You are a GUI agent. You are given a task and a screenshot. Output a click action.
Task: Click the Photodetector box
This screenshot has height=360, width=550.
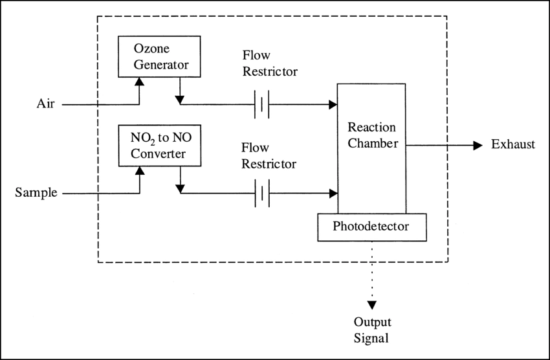(371, 227)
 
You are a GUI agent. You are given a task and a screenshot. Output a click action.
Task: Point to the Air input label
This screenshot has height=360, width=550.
(45, 104)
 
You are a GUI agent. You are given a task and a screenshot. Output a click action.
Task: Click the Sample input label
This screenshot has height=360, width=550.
(36, 192)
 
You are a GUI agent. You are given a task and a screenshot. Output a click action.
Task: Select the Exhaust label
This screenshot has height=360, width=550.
(512, 144)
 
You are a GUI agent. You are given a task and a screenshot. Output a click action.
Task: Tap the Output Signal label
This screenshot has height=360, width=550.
(372, 329)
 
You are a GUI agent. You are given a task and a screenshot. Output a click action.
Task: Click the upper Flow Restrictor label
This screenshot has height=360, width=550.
(270, 63)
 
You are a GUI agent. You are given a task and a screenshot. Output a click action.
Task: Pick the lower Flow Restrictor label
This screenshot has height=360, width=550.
(269, 156)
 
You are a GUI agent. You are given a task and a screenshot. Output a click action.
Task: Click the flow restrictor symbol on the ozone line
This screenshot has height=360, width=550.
(261, 104)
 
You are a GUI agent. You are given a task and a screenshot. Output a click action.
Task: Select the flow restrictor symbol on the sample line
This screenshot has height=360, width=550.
(261, 193)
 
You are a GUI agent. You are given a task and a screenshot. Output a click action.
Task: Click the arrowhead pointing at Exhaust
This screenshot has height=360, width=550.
(478, 145)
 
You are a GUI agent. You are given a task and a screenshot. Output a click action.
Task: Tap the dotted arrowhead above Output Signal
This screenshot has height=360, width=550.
(372, 305)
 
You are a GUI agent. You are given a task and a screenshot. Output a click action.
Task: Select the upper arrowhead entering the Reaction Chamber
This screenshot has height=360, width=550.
(333, 104)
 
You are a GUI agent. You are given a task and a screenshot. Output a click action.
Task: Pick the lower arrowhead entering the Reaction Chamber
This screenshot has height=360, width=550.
(333, 193)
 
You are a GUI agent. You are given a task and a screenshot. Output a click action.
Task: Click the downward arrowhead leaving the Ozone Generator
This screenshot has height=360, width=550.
(180, 99)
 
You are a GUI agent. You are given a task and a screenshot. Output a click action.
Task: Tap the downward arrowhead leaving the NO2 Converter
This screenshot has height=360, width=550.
(180, 188)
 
